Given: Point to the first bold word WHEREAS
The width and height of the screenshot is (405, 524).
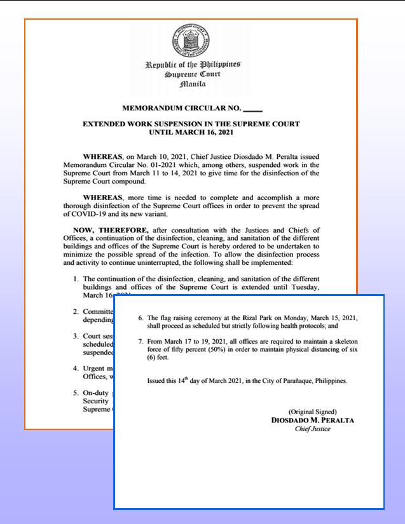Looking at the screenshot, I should click(104, 156).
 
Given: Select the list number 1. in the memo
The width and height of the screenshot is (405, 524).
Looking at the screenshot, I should click(76, 279).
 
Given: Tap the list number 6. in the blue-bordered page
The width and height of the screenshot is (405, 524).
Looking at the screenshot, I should click(141, 317).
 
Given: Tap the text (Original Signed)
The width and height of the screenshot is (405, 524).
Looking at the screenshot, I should click(312, 412).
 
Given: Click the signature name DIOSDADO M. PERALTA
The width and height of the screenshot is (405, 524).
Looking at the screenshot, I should click(312, 420).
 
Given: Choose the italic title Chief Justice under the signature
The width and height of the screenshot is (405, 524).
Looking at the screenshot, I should click(312, 429).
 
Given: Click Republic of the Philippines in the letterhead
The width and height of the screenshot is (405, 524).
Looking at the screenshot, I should click(191, 65).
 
